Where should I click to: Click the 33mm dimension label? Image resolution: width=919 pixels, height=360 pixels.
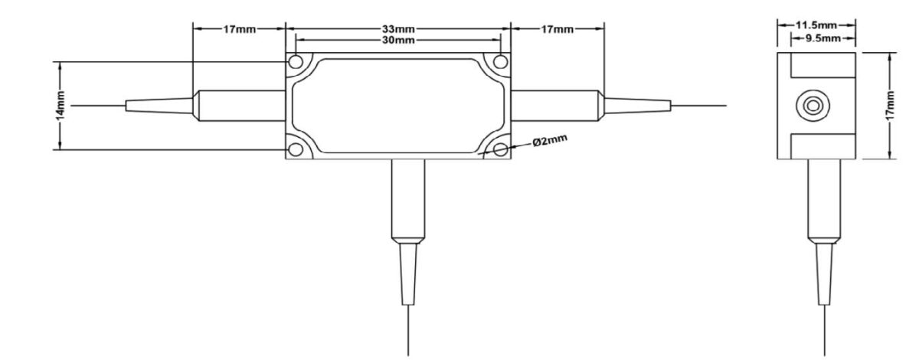(x=398, y=29)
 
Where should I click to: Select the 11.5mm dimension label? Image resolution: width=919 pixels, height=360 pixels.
(x=816, y=25)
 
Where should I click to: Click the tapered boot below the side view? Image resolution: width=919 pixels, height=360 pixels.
(x=825, y=272)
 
